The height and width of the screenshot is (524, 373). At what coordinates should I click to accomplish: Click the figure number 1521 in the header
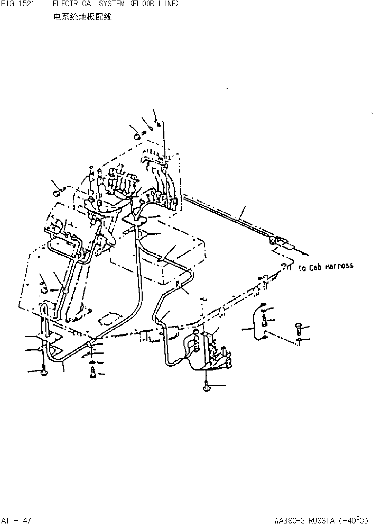click(26, 4)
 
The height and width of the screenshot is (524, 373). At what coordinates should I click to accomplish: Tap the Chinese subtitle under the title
click(82, 17)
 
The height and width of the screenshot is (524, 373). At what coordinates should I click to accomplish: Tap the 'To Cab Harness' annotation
click(326, 267)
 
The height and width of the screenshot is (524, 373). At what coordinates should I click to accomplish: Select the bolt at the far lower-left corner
click(44, 373)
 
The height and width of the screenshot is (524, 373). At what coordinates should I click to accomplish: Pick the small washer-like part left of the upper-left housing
click(56, 193)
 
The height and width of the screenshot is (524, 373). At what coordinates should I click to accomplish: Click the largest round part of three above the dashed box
click(137, 137)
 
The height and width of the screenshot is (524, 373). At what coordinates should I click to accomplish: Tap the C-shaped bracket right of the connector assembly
click(256, 322)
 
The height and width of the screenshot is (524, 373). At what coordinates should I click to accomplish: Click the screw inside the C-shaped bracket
click(264, 321)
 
